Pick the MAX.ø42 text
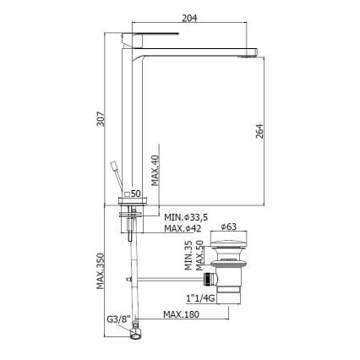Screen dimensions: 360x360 (x=183, y=229)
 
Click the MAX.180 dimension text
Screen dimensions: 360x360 (x=182, y=316)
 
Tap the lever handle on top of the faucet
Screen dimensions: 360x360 (x=152, y=35)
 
